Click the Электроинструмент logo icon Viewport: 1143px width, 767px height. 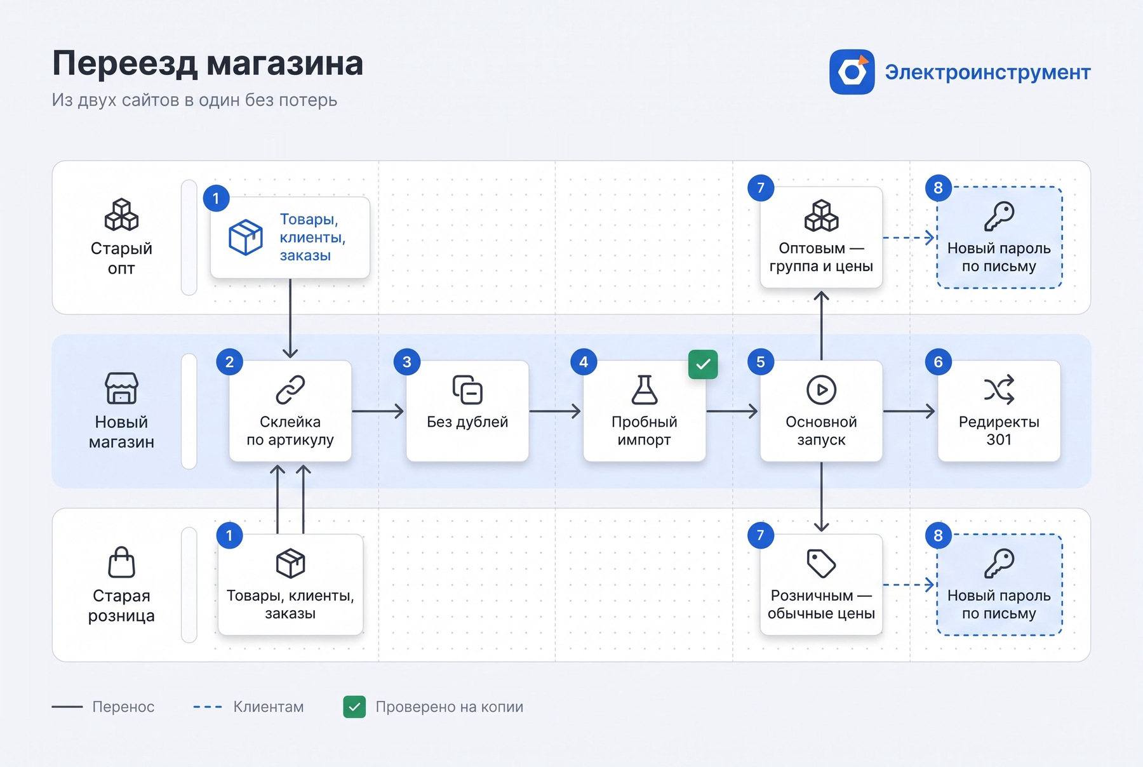tap(852, 72)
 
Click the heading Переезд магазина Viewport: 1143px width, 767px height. tap(208, 63)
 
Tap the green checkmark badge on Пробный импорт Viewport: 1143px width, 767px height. tap(703, 364)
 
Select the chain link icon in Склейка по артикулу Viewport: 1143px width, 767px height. tap(290, 390)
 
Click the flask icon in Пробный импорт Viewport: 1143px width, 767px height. tap(645, 389)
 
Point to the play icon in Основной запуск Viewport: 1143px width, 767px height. tap(821, 390)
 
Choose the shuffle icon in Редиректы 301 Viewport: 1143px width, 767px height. tap(999, 390)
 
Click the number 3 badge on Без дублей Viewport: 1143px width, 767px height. tap(407, 362)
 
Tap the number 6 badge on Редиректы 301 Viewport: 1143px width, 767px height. tap(938, 362)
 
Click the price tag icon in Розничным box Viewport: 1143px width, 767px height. tap(821, 563)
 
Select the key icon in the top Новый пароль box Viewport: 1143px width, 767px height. tap(999, 216)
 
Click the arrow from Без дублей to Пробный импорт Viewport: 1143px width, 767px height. tap(555, 411)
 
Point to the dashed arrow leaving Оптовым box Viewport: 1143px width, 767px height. tap(909, 238)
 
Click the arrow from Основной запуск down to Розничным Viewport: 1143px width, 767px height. tap(821, 497)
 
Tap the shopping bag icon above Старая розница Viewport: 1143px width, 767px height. tap(121, 562)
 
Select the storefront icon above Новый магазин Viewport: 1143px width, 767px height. tap(121, 388)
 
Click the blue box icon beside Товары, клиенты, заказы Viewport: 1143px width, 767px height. tap(246, 237)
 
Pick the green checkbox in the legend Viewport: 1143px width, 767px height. tap(354, 707)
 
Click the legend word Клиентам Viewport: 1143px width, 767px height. tap(269, 707)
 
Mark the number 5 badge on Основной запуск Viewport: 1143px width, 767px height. tap(761, 362)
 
